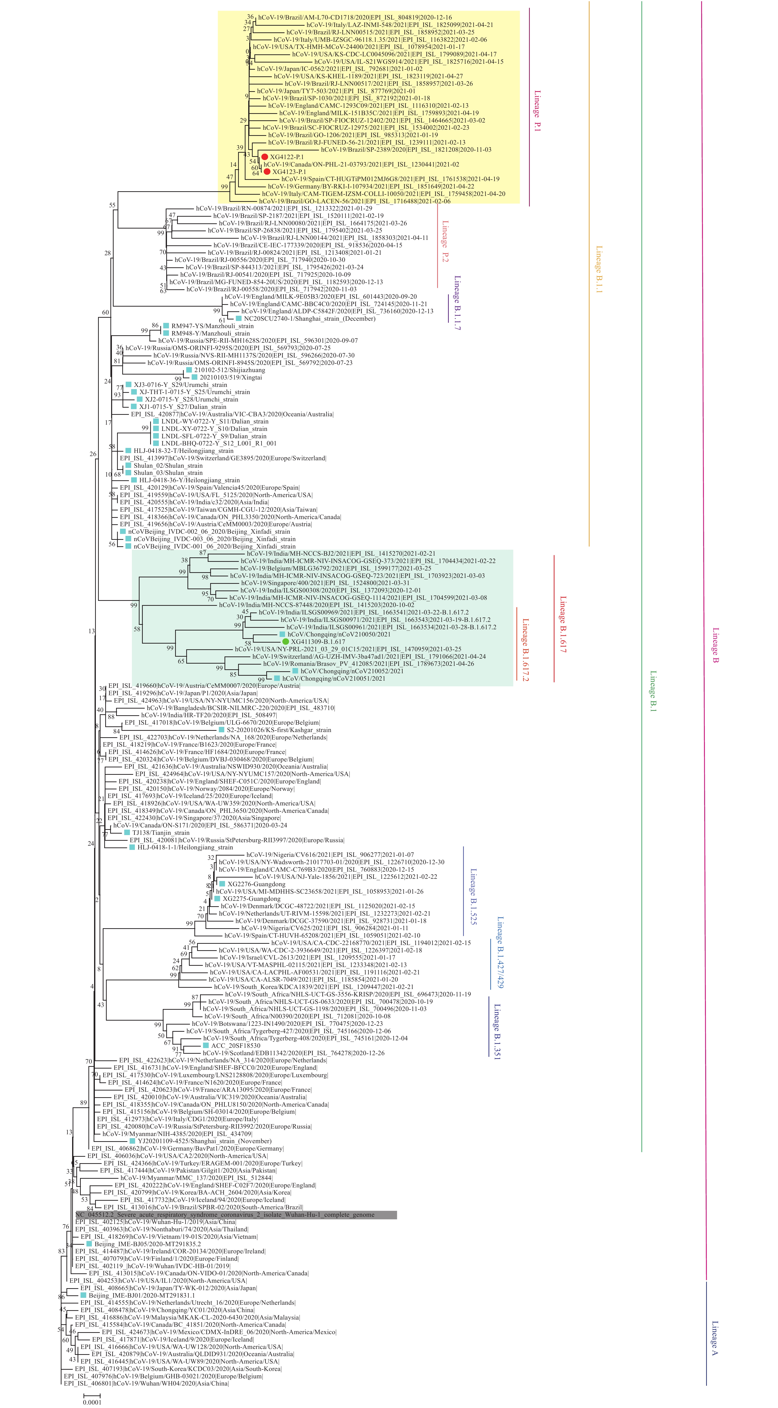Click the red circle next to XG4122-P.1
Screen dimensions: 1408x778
265,157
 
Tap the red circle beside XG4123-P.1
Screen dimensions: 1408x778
266,172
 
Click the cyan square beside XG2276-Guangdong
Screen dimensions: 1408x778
222,884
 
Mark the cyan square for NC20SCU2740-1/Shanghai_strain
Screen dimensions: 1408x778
238,318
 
